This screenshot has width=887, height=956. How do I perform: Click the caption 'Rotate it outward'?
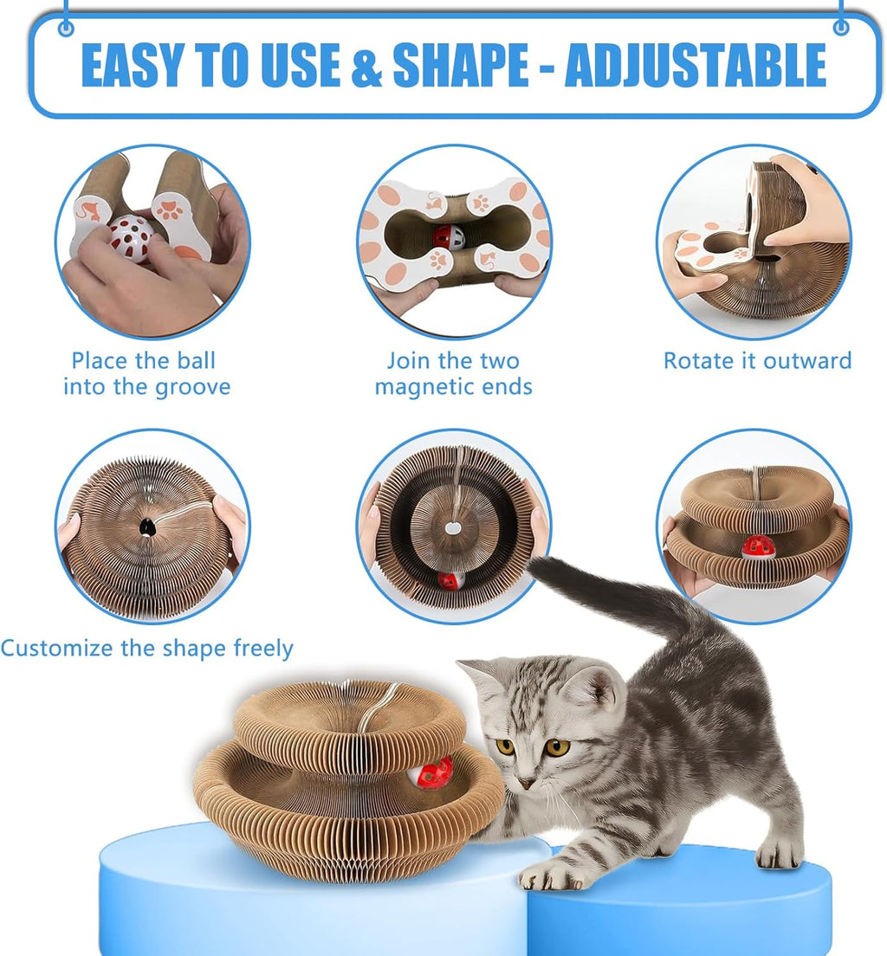point(757,361)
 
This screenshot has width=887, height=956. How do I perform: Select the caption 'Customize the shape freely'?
point(146,649)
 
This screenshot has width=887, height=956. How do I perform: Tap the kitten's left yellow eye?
point(505,746)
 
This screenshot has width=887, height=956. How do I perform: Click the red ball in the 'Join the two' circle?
point(447,236)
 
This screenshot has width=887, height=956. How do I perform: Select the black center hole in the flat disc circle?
point(148,526)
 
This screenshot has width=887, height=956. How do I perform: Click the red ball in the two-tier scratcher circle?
point(759,546)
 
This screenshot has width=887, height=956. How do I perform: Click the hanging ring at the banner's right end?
point(840,28)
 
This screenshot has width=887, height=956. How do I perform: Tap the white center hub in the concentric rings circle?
point(452,527)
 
